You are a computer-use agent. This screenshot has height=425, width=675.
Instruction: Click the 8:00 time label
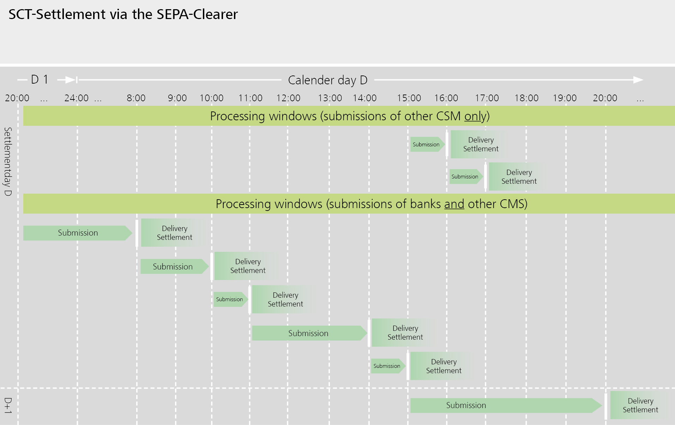[x=136, y=98]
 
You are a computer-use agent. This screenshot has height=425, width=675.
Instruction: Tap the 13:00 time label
[x=330, y=98]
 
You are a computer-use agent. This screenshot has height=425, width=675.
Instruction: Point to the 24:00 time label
[x=76, y=98]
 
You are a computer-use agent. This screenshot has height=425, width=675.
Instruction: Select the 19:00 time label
[x=565, y=98]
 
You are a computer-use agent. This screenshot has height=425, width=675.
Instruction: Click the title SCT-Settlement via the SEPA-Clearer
[x=123, y=14]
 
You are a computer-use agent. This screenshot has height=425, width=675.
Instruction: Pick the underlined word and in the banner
[x=454, y=204]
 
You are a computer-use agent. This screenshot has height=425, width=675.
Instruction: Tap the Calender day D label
[x=327, y=80]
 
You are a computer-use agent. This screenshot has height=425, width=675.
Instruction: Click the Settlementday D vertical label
[x=8, y=162]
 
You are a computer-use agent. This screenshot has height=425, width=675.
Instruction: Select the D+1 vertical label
[x=8, y=406]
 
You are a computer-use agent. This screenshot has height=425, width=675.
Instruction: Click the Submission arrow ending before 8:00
[x=78, y=233]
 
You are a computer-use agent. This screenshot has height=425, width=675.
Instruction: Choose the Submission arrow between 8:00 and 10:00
[x=173, y=267]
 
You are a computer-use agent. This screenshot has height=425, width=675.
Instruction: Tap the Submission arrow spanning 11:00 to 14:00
[x=308, y=333]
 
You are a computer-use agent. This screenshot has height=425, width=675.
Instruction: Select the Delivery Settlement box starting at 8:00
[x=174, y=233]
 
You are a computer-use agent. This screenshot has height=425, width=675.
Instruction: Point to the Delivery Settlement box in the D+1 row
[x=640, y=405]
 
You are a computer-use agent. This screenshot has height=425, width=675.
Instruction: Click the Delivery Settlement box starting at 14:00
[x=405, y=333]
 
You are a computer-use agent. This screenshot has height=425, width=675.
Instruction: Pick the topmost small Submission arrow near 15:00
[x=426, y=145]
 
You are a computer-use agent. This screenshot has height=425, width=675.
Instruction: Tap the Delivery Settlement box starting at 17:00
[x=519, y=177]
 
